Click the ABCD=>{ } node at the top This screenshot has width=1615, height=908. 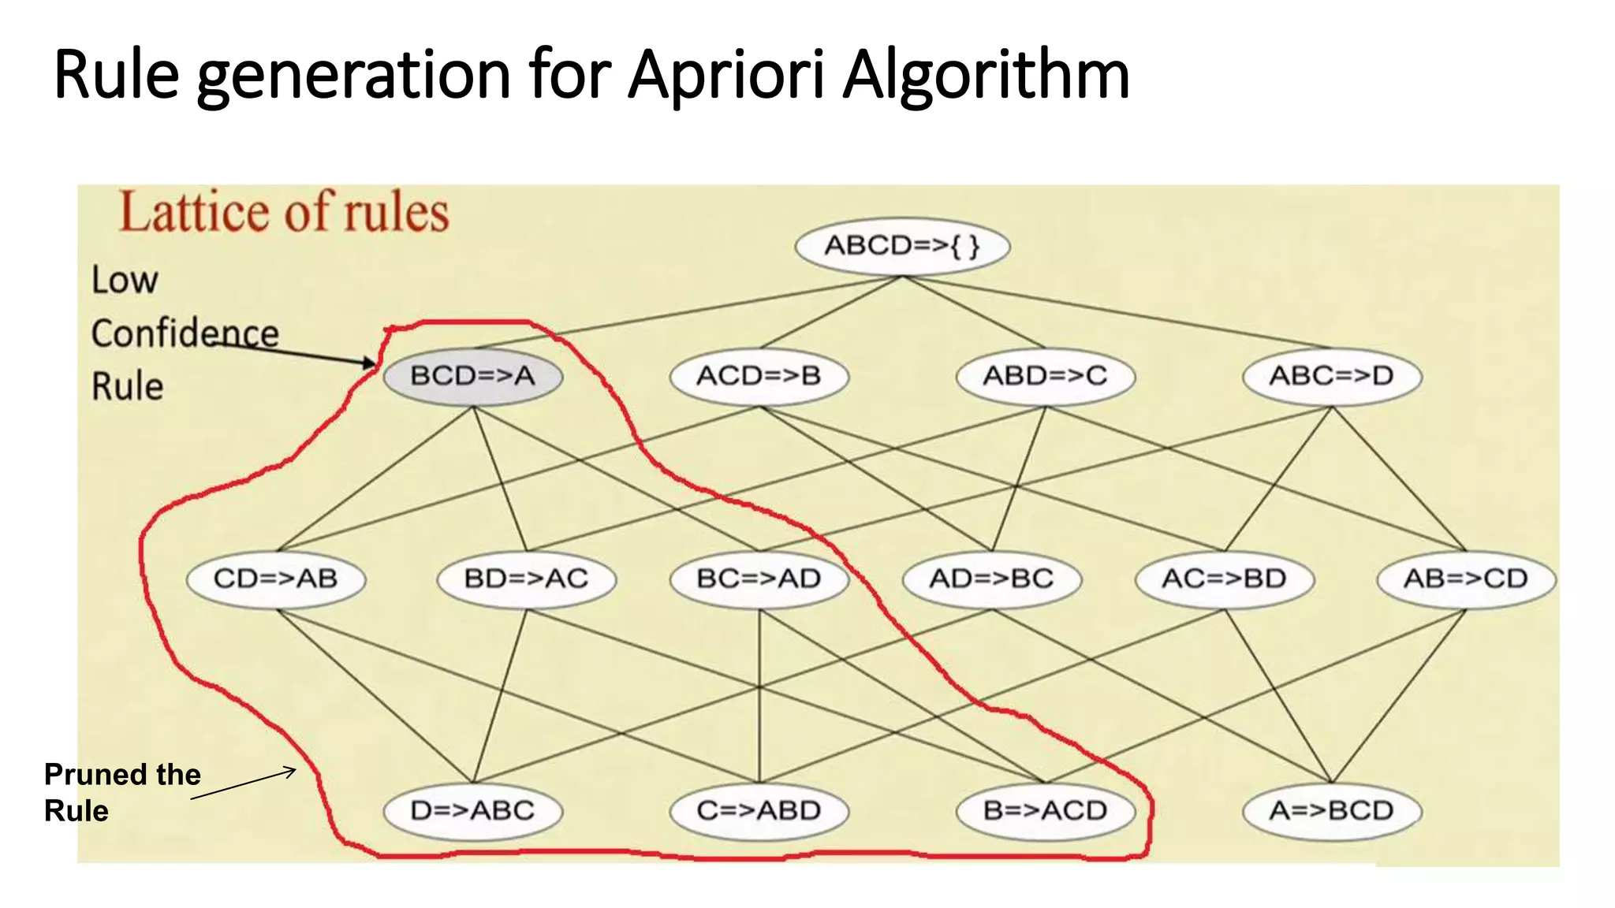pyautogui.click(x=902, y=246)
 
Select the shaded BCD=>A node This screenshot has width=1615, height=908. pyautogui.click(x=473, y=376)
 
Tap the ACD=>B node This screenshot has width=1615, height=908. pyautogui.click(x=759, y=376)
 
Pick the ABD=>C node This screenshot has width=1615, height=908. pyautogui.click(x=1045, y=376)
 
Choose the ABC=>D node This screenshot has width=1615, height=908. pyautogui.click(x=1332, y=376)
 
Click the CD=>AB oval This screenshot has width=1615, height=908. pyautogui.click(x=276, y=579)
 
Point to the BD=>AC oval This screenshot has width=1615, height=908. pyautogui.click(x=527, y=579)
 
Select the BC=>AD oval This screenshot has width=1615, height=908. pyautogui.click(x=759, y=579)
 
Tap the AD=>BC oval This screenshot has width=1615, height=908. pyautogui.click(x=991, y=579)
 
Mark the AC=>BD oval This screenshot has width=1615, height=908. pyautogui.click(x=1224, y=579)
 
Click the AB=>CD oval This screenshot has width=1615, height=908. pyautogui.click(x=1465, y=579)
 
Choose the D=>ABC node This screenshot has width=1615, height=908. pyautogui.click(x=473, y=811)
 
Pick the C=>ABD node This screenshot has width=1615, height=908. pyautogui.click(x=759, y=811)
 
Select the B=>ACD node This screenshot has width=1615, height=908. pyautogui.click(x=1045, y=811)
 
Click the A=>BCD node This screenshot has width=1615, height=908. pyautogui.click(x=1332, y=811)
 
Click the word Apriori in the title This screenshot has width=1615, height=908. pyautogui.click(x=726, y=76)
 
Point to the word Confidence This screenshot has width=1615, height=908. pyautogui.click(x=185, y=333)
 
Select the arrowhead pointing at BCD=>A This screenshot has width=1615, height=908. pyautogui.click(x=371, y=363)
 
